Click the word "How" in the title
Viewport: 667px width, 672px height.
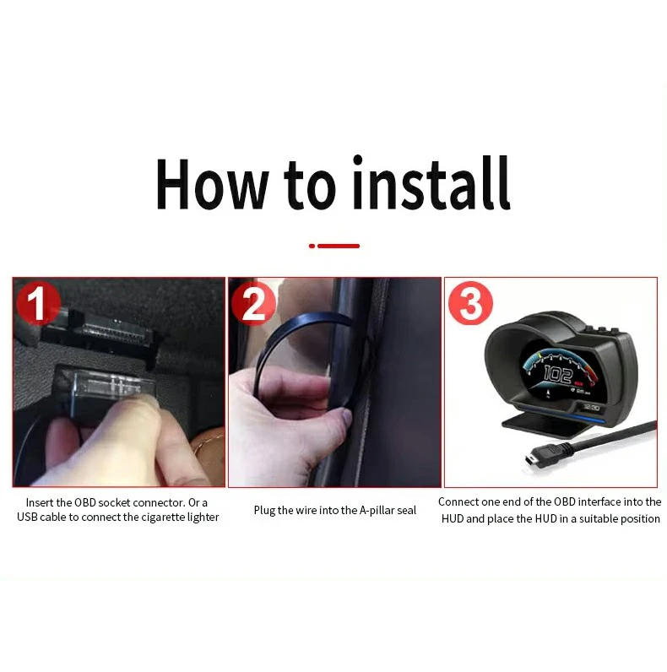[x=212, y=184]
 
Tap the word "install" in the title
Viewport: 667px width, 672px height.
[x=431, y=182]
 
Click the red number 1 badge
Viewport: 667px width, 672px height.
[x=38, y=303]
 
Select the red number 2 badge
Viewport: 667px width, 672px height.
[x=253, y=303]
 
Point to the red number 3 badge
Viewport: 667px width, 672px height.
[x=470, y=303]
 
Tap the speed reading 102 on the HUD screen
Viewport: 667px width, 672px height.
[x=558, y=374]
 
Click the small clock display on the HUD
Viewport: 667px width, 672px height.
[x=591, y=407]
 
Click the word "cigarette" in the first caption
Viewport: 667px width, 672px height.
[x=163, y=518]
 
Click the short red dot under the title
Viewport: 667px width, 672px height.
[x=312, y=246]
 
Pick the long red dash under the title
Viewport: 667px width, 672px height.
[x=339, y=246]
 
